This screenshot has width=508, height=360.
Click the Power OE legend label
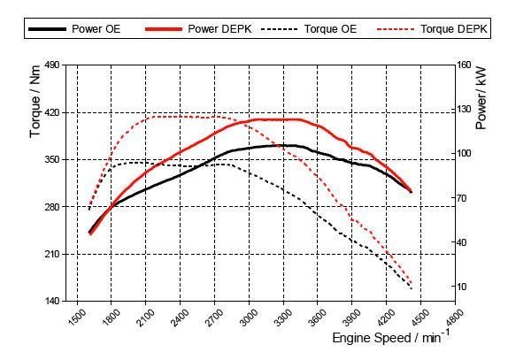click(x=96, y=29)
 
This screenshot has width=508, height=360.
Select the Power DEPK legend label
click(x=219, y=29)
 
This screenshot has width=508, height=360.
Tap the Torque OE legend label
click(x=330, y=29)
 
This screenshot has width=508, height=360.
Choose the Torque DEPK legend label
click(x=453, y=29)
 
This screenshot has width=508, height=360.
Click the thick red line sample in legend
click(x=164, y=29)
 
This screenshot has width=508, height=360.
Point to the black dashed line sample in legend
click(x=280, y=29)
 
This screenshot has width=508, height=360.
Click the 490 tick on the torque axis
click(x=51, y=65)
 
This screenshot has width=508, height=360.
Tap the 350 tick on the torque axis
click(x=51, y=159)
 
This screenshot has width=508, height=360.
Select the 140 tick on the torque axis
click(x=51, y=301)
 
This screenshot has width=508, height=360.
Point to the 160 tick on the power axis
click(x=464, y=65)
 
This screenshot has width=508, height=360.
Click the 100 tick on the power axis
click(x=464, y=153)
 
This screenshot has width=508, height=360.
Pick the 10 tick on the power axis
click(x=461, y=287)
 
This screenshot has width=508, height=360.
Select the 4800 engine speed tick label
click(x=454, y=318)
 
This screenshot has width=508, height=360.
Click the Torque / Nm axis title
click(x=35, y=102)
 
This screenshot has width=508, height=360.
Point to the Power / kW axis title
click(x=481, y=98)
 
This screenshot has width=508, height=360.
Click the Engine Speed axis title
click(x=391, y=337)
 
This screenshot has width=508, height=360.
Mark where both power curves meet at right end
click(x=412, y=192)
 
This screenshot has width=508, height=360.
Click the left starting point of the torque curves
click(x=89, y=210)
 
